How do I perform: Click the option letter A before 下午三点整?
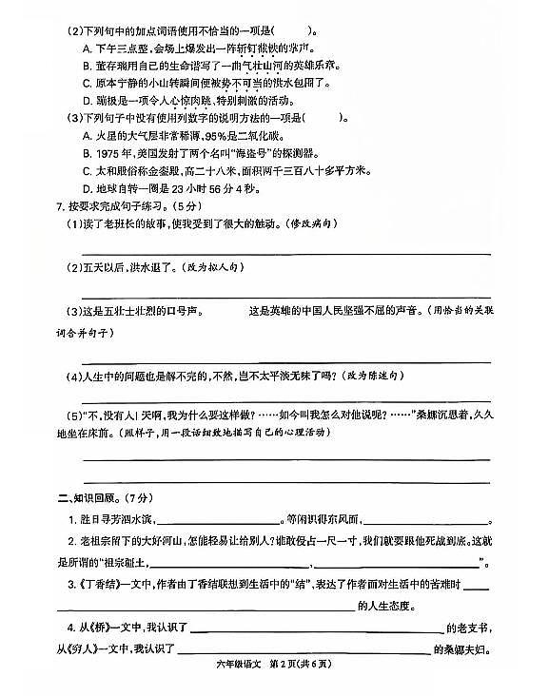tap(86, 47)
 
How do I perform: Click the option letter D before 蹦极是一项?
tap(86, 99)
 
